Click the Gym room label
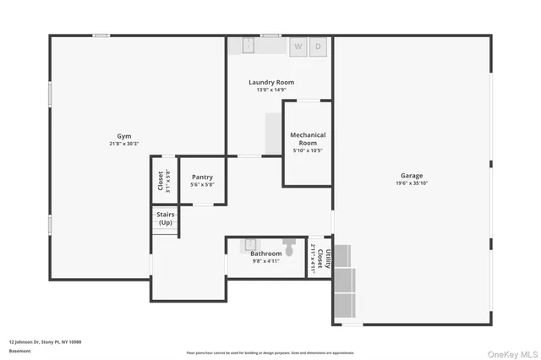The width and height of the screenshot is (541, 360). tap(124, 136)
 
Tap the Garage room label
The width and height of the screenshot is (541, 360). tap(412, 176)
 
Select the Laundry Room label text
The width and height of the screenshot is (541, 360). tap(270, 82)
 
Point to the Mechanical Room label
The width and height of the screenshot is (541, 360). tap(308, 139)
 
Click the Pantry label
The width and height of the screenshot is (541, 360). tap(202, 178)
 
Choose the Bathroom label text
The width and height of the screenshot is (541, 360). tap(265, 254)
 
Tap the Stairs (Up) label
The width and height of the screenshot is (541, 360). tap(165, 219)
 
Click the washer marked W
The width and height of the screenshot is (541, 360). tap(298, 47)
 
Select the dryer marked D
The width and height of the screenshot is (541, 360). tap(319, 47)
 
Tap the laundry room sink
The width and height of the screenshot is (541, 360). tap(250, 46)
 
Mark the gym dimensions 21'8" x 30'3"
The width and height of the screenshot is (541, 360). tap(124, 145)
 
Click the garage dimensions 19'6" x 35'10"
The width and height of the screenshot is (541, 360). tap(412, 183)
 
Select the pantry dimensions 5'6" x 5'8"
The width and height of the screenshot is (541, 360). tap(202, 185)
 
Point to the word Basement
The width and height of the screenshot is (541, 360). tap(19, 351)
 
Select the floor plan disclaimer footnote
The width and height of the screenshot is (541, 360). tap(270, 352)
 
